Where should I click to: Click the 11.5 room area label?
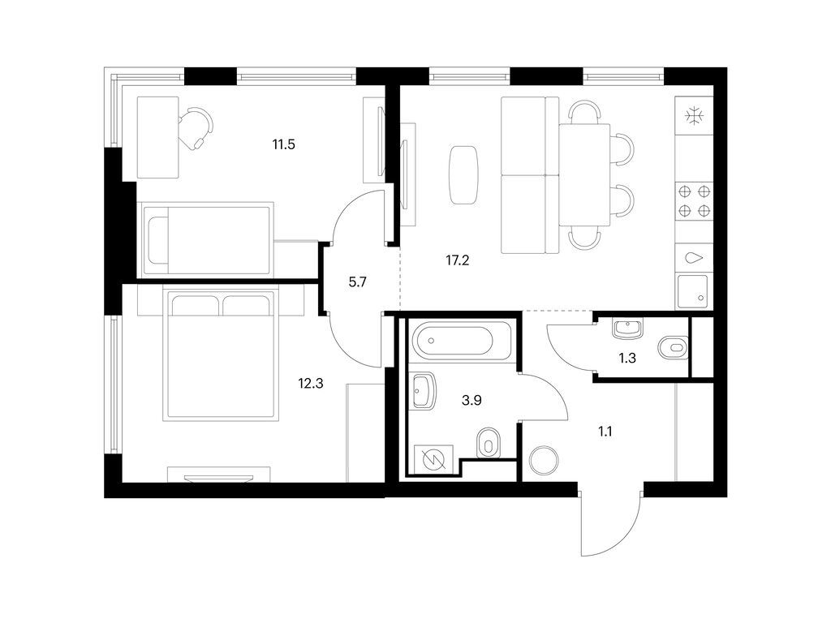282,146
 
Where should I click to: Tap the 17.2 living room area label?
458,261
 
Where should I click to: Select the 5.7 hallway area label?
358,284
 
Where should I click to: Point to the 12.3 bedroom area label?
310,384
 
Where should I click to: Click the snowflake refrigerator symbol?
694,116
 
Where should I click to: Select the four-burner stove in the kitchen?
694,200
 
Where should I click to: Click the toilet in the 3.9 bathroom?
488,442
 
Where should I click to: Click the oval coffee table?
463,174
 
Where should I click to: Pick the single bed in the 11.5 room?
206,238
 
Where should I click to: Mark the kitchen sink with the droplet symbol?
694,260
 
